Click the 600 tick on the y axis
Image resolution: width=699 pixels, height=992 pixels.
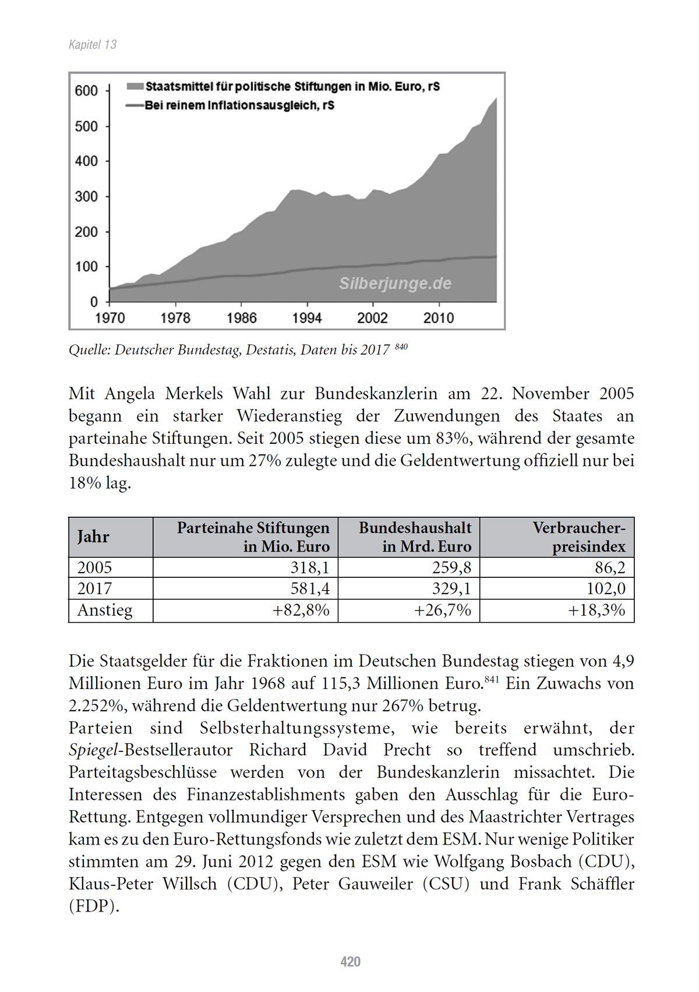click(87, 91)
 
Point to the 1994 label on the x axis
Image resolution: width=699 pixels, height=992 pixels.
click(307, 318)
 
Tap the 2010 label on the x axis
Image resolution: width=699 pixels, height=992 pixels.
click(439, 318)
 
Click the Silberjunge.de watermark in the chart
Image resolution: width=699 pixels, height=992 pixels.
click(395, 284)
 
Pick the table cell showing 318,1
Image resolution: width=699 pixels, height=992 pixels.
click(310, 567)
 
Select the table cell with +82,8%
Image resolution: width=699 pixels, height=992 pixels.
click(301, 610)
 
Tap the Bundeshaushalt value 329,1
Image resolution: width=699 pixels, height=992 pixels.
click(451, 588)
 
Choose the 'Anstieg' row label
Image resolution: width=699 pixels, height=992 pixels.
click(105, 610)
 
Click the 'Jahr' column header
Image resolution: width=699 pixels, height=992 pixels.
click(93, 536)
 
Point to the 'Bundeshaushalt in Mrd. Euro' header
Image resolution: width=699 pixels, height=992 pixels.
click(415, 536)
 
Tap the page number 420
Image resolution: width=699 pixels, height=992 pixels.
click(350, 961)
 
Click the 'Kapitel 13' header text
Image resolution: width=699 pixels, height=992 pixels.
click(93, 45)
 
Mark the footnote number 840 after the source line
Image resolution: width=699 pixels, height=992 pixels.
click(401, 347)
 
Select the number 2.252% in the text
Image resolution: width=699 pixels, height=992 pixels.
click(96, 706)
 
